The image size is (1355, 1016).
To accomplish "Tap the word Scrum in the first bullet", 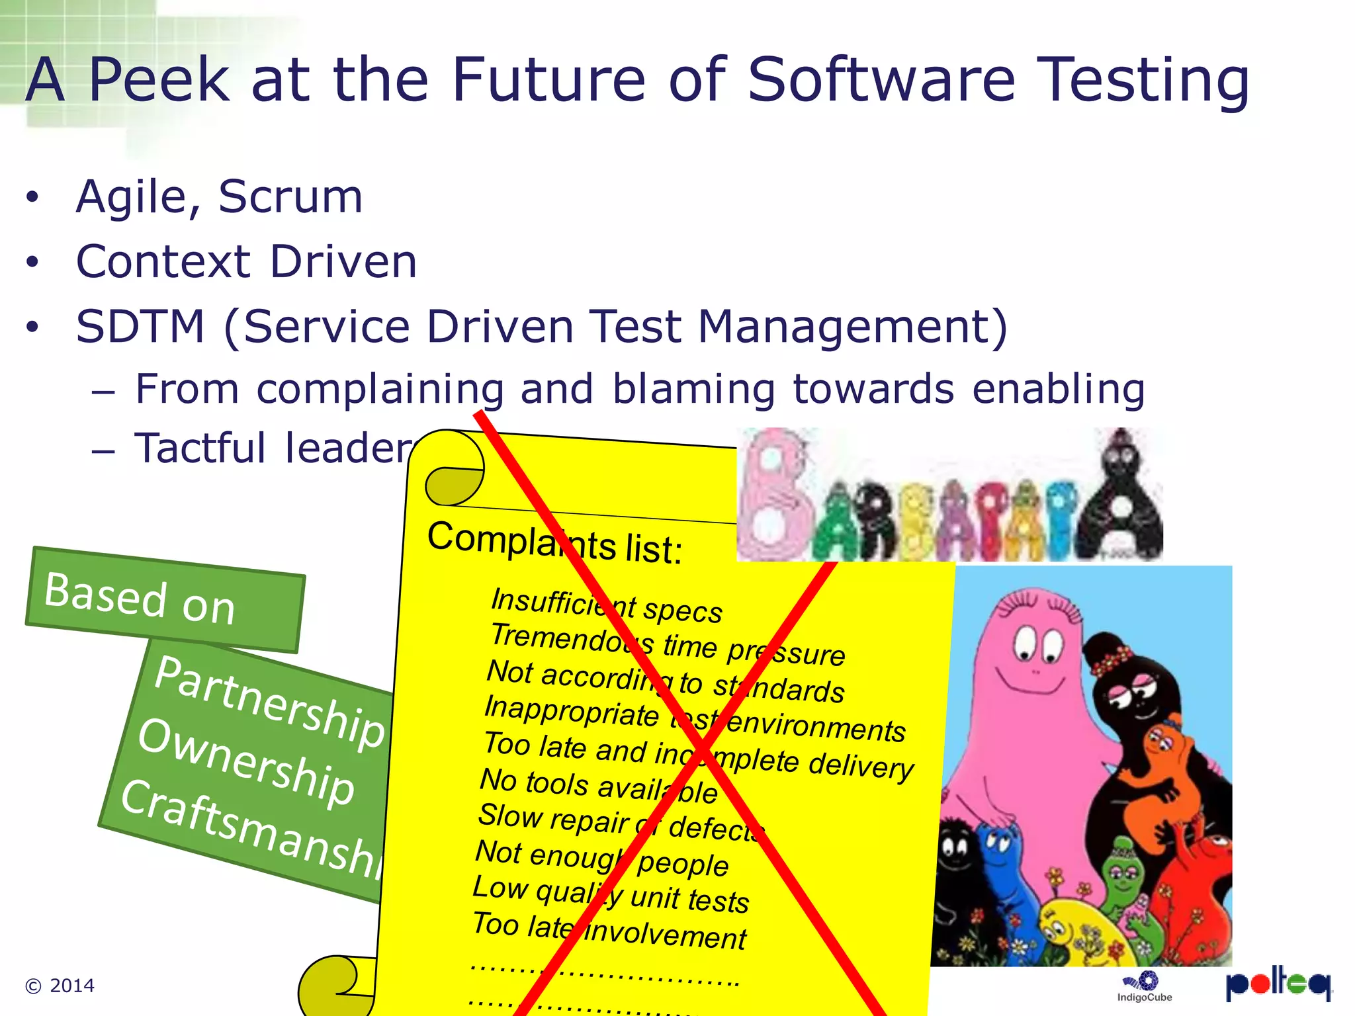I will [290, 196].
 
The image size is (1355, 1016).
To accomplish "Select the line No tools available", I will [598, 786].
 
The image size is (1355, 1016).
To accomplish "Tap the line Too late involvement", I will [609, 930].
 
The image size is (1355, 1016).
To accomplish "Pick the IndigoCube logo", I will [1145, 986].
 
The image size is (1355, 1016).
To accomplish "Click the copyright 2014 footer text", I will [60, 986].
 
